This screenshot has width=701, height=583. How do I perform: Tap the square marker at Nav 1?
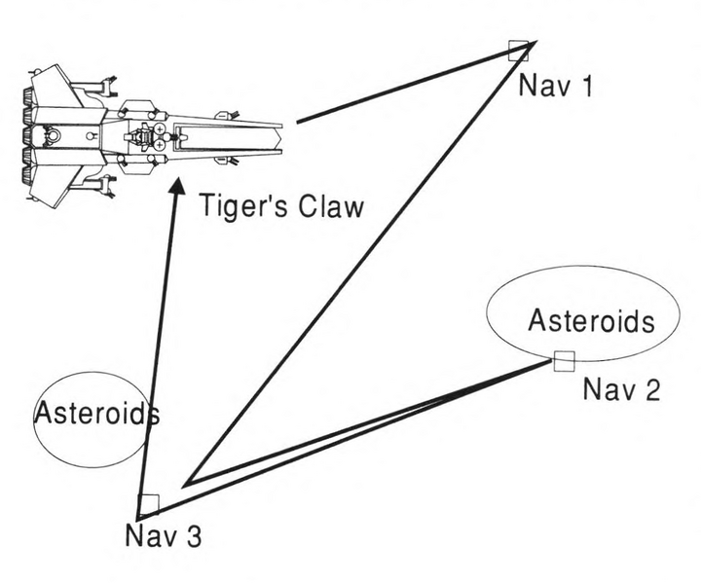coord(519,50)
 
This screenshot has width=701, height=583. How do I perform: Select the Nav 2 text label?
coord(621,390)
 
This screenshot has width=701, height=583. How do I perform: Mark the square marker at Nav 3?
coord(148,504)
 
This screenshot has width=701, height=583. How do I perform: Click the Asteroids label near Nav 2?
coord(591,320)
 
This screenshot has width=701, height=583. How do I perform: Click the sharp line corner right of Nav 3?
coord(187,482)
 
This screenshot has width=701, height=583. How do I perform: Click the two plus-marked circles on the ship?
coord(159,137)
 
